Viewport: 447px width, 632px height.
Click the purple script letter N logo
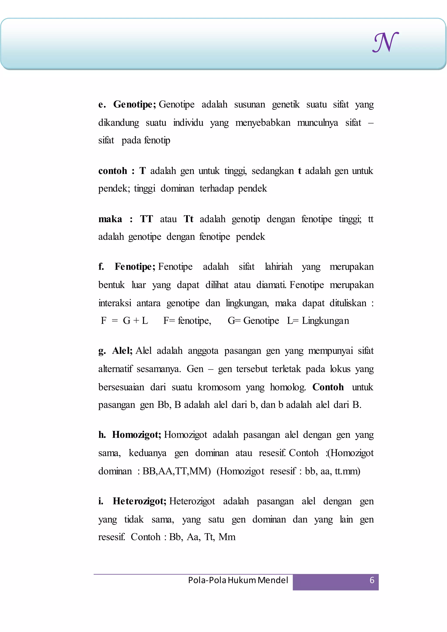click(x=385, y=42)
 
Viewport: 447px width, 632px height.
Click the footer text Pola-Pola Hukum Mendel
click(x=238, y=580)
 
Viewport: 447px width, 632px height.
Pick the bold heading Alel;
click(x=122, y=351)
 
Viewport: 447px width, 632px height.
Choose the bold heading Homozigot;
click(x=136, y=435)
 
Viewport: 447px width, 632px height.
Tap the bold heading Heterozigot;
click(x=139, y=501)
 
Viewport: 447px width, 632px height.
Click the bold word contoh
click(x=113, y=171)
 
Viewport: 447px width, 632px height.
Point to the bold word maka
click(x=110, y=219)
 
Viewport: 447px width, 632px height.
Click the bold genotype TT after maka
click(x=146, y=219)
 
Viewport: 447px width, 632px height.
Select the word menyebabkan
click(x=263, y=123)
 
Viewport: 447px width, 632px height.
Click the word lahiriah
click(x=278, y=266)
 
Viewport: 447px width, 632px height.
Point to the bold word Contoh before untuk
click(x=328, y=387)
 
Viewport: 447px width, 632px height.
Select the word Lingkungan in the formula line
click(x=325, y=320)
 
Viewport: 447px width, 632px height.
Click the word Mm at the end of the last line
click(x=227, y=537)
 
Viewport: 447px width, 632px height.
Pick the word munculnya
click(x=317, y=123)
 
